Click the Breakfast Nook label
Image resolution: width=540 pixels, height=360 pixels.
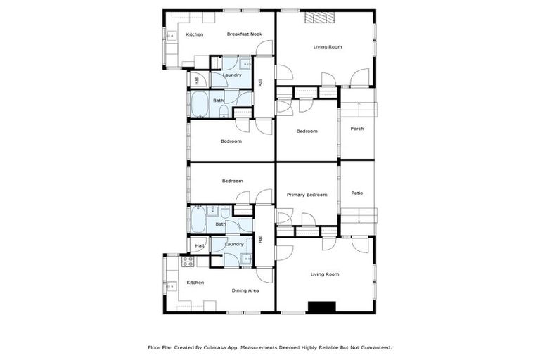click(244, 34)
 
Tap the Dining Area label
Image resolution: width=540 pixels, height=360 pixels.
click(245, 290)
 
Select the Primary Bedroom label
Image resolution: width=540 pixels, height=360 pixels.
click(307, 195)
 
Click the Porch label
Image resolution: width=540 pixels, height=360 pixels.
click(357, 129)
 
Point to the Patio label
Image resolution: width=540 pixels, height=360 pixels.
click(357, 193)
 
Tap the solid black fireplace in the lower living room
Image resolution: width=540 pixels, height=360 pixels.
click(323, 307)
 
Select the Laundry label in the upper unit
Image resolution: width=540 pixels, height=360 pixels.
click(232, 75)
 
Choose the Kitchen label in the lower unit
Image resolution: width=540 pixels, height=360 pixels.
click(195, 283)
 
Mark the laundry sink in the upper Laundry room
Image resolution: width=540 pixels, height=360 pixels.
click(246, 63)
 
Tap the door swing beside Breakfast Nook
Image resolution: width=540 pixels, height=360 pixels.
click(264, 49)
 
